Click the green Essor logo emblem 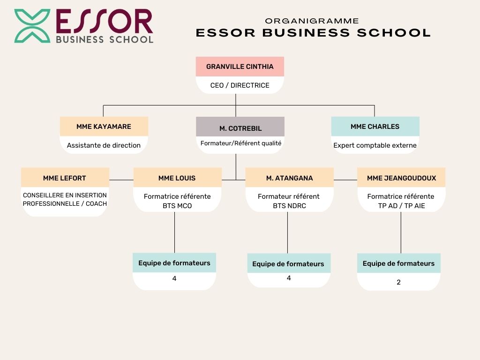pos(32,26)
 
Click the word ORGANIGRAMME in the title pos(312,21)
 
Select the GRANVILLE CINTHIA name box pos(240,67)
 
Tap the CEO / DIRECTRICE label pos(240,85)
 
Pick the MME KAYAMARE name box pos(104,127)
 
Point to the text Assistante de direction pos(104,145)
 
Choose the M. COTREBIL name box pos(240,128)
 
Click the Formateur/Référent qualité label pos(241,143)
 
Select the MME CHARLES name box pos(375,127)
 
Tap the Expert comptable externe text pos(375,145)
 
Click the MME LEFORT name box pos(65,178)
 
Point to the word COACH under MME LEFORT pos(96,203)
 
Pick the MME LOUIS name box pos(177,178)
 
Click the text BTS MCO pos(177,206)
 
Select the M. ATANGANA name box pos(289,178)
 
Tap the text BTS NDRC pos(289,206)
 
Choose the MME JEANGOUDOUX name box pos(401,178)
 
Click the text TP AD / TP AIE pos(401,206)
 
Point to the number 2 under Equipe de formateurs pos(398,282)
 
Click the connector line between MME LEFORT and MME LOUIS pos(121,180)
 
